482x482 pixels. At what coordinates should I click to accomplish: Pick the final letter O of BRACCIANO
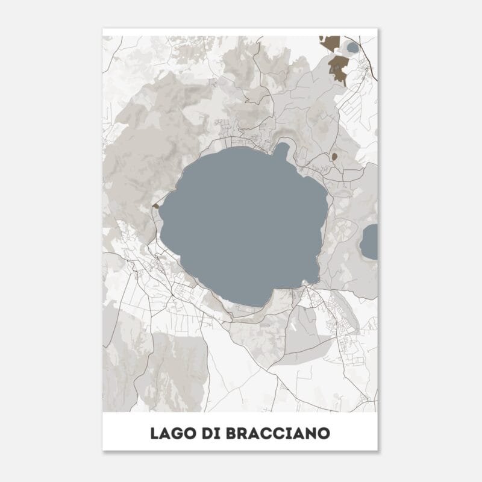point(324,433)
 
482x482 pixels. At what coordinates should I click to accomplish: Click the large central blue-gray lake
point(241,223)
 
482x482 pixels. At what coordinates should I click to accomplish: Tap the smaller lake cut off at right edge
point(371,242)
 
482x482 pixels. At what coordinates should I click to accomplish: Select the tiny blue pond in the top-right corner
point(352,47)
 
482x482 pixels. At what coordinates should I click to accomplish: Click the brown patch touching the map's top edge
point(330,42)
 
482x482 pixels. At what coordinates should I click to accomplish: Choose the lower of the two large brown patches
point(338,68)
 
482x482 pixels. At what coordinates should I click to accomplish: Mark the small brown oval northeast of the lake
point(334,157)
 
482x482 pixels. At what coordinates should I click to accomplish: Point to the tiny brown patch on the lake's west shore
point(155,205)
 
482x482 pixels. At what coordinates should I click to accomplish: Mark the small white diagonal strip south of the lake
point(293,326)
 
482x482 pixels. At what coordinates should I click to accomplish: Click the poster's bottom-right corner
point(377,449)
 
